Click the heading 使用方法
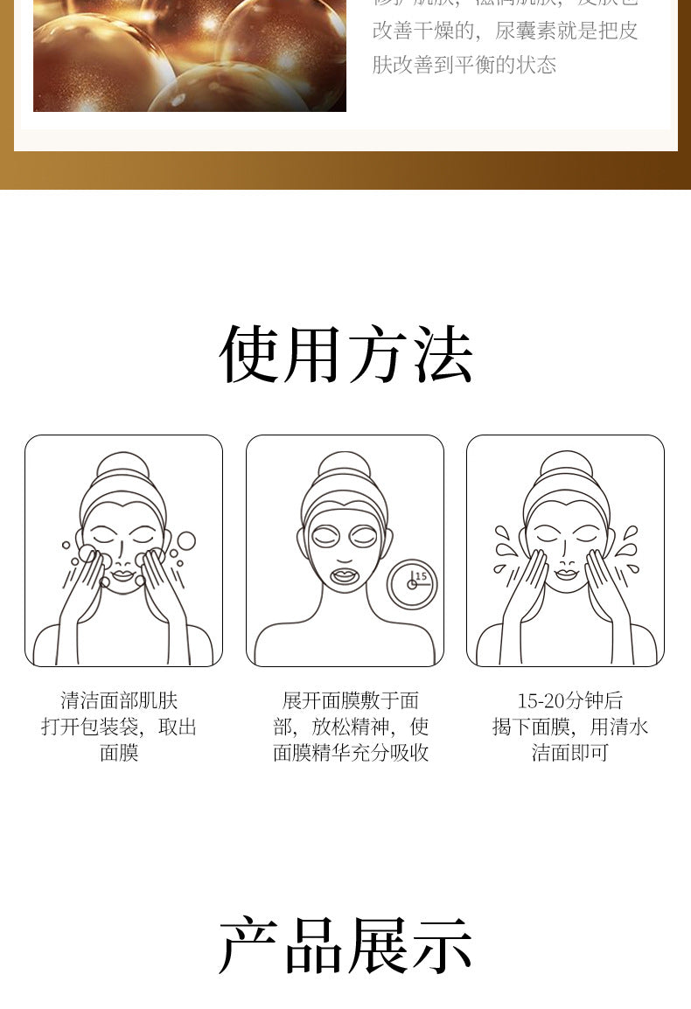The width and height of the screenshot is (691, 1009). point(345,354)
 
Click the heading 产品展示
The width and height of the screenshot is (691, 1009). point(345,945)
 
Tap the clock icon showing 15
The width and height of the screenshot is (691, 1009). point(412,583)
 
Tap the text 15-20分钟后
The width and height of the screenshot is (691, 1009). point(569,700)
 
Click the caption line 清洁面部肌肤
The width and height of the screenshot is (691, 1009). point(119,700)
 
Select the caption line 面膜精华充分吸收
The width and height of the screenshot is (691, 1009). point(351,753)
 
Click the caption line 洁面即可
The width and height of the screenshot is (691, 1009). point(569,753)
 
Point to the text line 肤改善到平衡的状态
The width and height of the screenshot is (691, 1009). point(464,65)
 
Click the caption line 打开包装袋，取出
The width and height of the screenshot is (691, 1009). point(119,727)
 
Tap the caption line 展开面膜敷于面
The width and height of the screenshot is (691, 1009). point(351,700)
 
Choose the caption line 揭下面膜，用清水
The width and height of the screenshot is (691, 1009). point(569,727)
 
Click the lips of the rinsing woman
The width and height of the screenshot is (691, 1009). point(566,574)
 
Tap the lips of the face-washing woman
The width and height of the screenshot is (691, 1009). point(122,575)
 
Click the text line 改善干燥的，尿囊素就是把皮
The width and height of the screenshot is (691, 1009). point(506,31)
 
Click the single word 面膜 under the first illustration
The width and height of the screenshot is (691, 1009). point(119,753)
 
